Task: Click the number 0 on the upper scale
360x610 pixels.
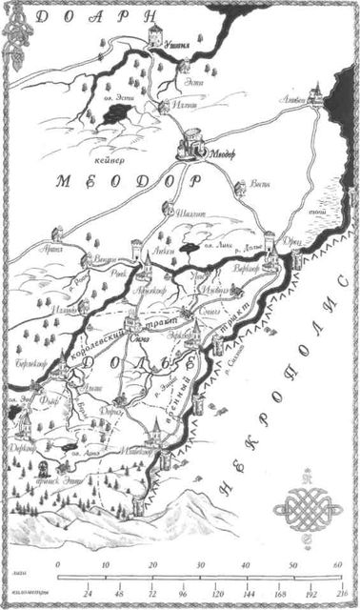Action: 59,566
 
